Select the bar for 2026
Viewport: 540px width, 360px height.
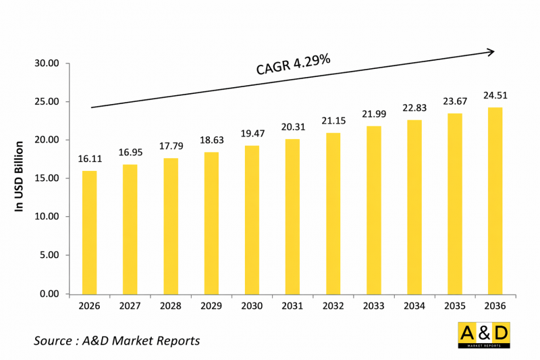pos(89,232)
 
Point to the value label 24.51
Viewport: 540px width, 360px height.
pos(495,95)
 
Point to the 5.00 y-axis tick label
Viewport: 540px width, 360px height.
pos(49,255)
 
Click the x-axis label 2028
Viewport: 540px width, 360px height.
pos(170,306)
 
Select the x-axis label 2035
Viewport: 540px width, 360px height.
pos(455,306)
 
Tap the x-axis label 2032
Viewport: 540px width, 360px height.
pos(333,306)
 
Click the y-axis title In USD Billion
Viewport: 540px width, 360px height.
pos(20,176)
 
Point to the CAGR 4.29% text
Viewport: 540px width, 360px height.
pos(293,64)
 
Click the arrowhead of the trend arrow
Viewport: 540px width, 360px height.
pos(491,51)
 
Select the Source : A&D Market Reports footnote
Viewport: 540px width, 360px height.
pos(117,340)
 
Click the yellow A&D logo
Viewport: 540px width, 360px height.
pos(484,335)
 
